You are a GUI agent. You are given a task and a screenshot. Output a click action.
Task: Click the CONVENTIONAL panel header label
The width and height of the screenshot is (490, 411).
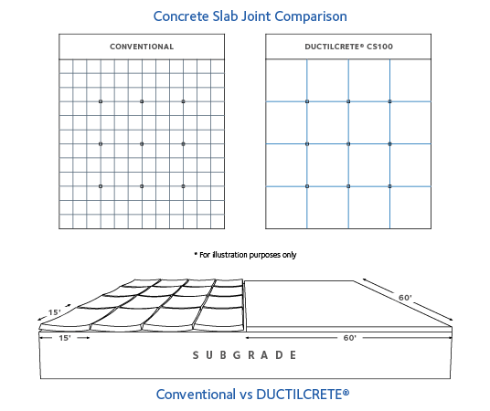point(142,47)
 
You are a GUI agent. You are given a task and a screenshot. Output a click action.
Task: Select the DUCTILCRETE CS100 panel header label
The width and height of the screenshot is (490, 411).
point(348,47)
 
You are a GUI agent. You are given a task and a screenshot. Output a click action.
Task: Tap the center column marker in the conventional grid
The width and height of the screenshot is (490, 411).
point(142,144)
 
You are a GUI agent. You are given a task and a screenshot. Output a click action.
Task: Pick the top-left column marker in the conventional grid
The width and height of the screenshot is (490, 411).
point(101,101)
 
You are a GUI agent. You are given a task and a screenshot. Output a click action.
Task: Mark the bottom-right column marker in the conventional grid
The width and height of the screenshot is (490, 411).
point(183,186)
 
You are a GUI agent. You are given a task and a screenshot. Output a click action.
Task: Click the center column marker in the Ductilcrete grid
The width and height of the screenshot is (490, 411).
point(348,144)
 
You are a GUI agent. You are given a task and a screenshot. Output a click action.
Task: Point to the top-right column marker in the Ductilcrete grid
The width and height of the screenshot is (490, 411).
point(389,101)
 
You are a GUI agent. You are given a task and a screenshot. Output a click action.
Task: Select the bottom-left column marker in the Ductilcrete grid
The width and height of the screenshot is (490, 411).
point(307,186)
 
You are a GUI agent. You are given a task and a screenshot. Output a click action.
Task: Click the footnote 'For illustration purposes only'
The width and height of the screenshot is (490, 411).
point(245,255)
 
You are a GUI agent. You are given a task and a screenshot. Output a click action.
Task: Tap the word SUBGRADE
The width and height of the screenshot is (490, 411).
point(244,355)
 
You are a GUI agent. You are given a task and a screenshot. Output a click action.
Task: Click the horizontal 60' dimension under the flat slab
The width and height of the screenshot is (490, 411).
point(349,338)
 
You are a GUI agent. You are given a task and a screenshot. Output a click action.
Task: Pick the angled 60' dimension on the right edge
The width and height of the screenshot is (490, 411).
point(407,299)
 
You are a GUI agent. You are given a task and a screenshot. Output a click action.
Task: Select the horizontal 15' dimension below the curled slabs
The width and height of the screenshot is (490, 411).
point(65,338)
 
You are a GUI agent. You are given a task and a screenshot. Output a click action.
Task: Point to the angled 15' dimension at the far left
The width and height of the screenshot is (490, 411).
point(54,312)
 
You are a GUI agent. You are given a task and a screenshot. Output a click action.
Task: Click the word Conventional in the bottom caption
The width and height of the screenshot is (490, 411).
point(196,395)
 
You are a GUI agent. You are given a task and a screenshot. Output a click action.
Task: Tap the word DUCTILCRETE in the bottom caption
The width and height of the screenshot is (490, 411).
point(299,395)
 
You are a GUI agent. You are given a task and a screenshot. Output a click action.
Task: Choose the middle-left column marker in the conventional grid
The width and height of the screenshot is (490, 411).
point(101,144)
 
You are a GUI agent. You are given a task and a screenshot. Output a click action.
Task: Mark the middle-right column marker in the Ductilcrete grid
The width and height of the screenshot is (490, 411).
point(389,144)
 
